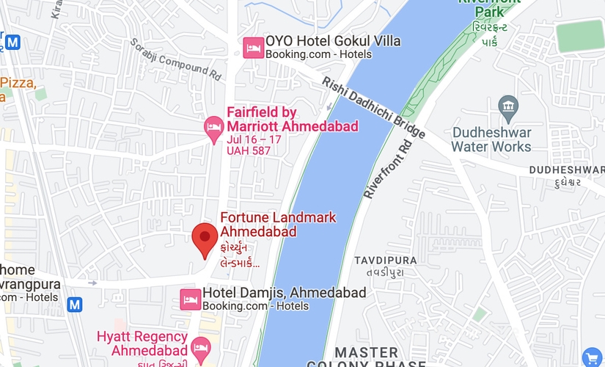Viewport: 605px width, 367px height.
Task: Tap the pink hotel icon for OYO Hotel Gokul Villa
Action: (x=254, y=48)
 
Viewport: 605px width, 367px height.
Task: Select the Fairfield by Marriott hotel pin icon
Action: (x=213, y=128)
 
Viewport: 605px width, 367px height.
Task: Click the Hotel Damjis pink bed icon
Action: (x=190, y=299)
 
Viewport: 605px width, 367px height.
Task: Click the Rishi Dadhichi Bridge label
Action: (x=373, y=109)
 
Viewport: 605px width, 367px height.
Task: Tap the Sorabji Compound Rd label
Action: (x=176, y=59)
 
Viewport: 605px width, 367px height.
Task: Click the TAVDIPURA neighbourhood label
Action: (x=385, y=261)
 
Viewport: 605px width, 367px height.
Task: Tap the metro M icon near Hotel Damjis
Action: (x=74, y=304)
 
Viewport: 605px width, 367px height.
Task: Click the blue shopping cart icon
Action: (x=592, y=357)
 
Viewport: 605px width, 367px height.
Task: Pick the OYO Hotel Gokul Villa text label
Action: (x=333, y=41)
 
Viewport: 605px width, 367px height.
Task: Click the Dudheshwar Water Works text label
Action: (x=491, y=139)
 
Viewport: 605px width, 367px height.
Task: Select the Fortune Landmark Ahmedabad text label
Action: (x=278, y=225)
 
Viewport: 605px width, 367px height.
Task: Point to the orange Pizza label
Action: (x=18, y=83)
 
